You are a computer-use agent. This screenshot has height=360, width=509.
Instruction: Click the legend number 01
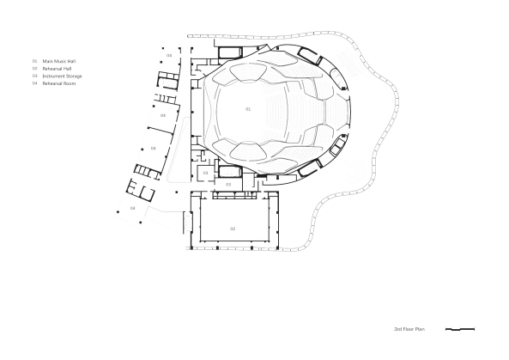tap(35, 61)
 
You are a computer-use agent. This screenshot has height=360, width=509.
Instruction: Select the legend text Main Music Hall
tap(59, 61)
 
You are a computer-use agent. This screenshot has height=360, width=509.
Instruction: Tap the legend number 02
tap(35, 69)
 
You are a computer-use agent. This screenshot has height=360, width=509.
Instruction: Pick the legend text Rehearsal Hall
tap(58, 69)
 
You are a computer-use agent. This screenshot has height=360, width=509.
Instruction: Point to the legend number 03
tap(35, 76)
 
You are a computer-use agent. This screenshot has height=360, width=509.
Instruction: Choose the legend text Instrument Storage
tap(62, 76)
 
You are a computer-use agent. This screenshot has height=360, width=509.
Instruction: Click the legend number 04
tap(35, 83)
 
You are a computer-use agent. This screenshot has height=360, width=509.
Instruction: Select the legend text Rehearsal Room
tap(58, 83)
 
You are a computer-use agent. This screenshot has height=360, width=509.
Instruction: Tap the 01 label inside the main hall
tap(248, 109)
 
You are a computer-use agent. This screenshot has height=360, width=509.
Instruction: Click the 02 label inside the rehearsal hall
tap(232, 228)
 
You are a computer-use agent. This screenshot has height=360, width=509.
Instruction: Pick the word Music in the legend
tap(59, 61)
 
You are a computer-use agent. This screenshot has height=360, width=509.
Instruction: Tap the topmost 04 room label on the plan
tap(169, 55)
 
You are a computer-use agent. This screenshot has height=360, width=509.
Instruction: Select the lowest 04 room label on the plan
tap(133, 208)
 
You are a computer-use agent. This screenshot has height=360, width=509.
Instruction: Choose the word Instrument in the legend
tap(53, 76)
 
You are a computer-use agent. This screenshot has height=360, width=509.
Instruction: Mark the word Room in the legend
tap(69, 83)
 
